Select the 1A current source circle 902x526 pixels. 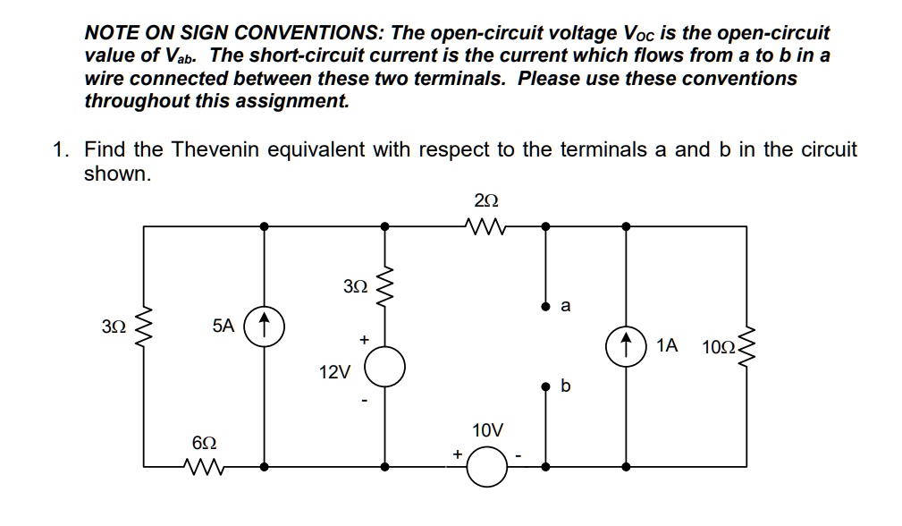626,345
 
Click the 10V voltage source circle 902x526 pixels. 487,467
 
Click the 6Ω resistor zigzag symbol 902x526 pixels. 203,466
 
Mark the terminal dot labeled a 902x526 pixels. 546,305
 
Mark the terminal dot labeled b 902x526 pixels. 546,387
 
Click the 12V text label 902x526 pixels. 334,371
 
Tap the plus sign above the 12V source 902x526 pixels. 363,340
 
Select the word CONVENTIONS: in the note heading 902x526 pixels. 298,34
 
